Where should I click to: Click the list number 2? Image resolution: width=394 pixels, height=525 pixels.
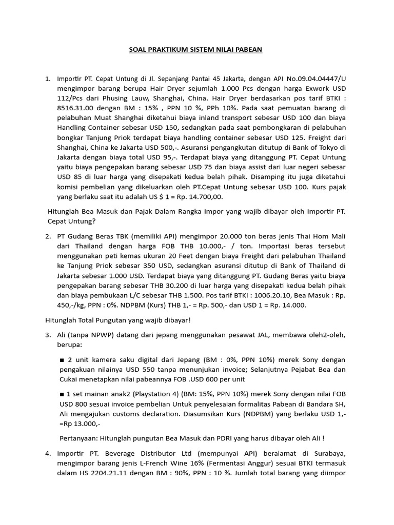click(x=48, y=236)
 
